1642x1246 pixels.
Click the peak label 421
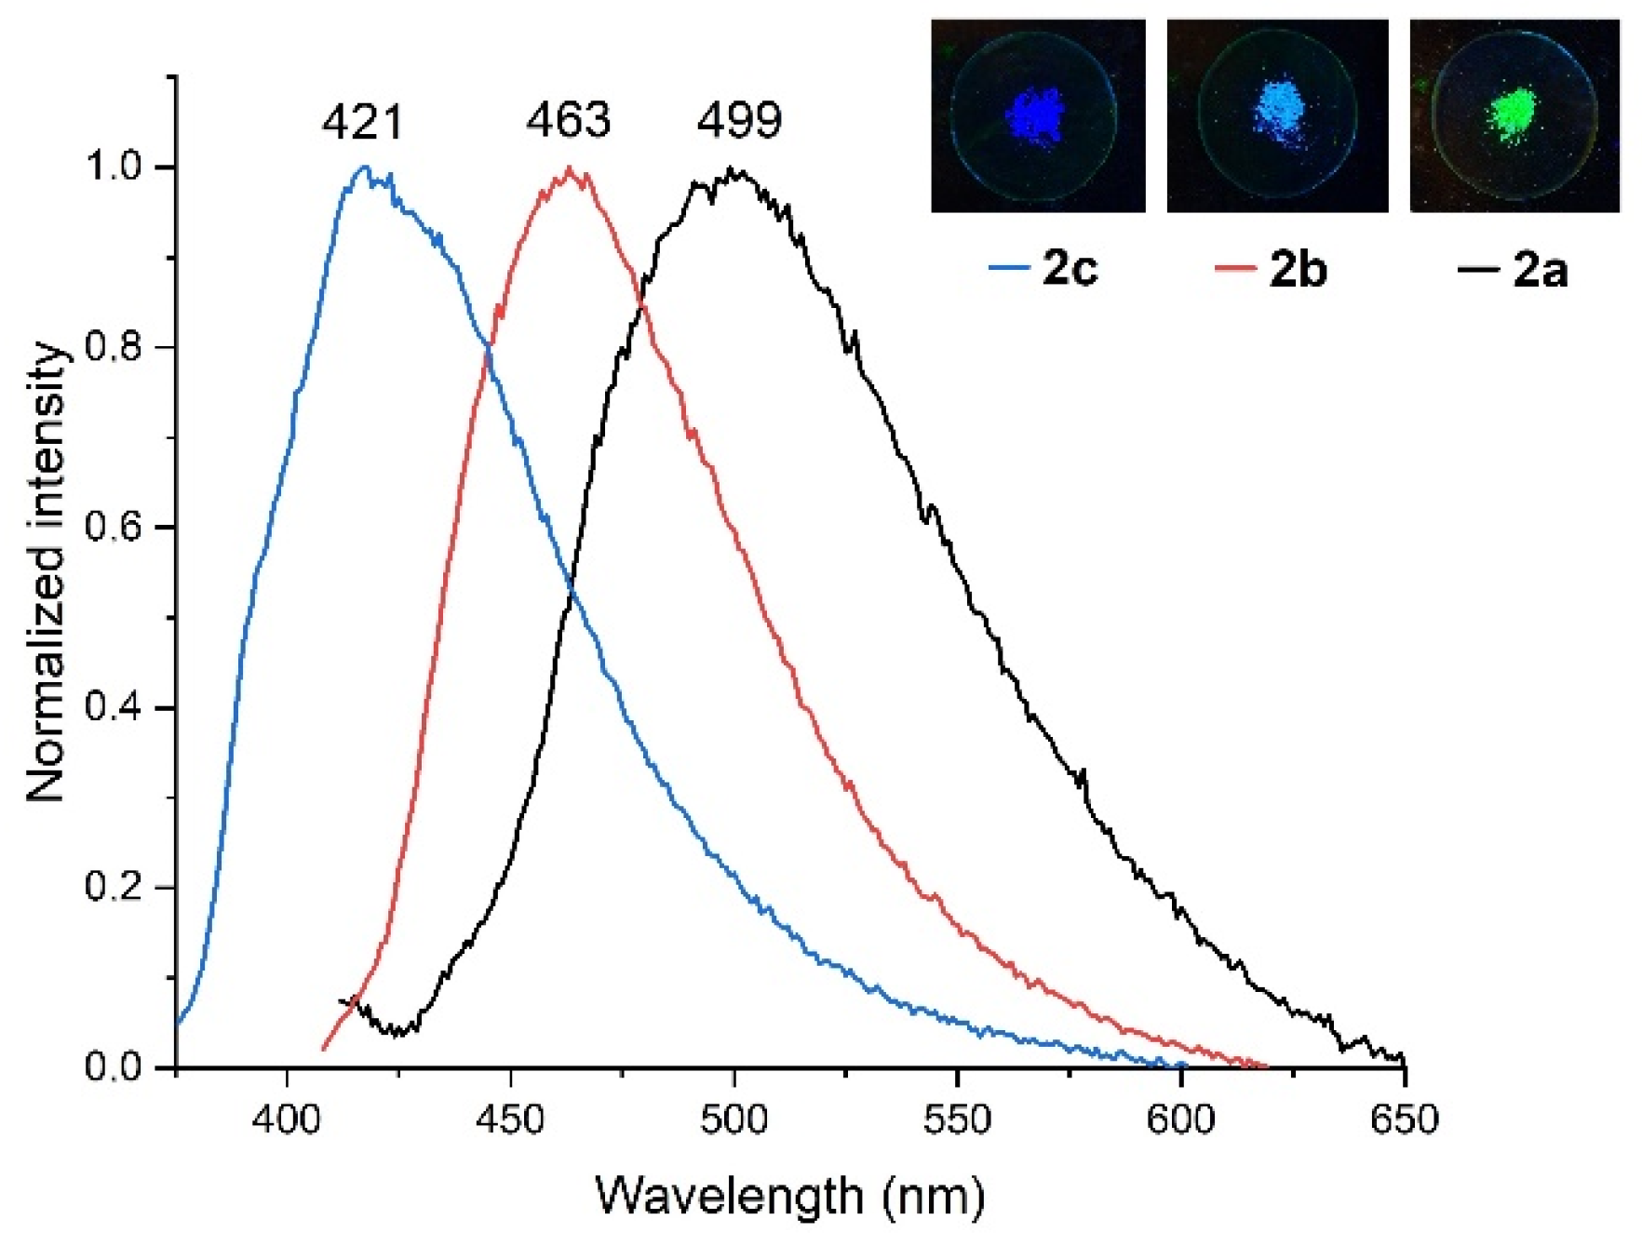click(x=363, y=123)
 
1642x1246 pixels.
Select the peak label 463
click(x=568, y=120)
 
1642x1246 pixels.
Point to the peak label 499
click(x=739, y=120)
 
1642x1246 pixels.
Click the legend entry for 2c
click(x=1044, y=269)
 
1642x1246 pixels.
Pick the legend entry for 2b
click(x=1272, y=269)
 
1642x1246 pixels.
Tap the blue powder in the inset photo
click(x=1036, y=116)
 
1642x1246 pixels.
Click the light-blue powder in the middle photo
click(x=1280, y=112)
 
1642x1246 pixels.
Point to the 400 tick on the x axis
click(x=287, y=1119)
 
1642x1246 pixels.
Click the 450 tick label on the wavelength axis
click(x=510, y=1119)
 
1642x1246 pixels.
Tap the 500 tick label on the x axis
click(x=734, y=1119)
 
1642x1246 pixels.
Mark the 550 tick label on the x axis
click(x=957, y=1119)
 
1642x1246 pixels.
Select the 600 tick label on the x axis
click(x=1180, y=1119)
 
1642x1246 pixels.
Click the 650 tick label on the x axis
click(x=1404, y=1119)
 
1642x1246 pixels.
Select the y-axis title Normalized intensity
click(x=47, y=572)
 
